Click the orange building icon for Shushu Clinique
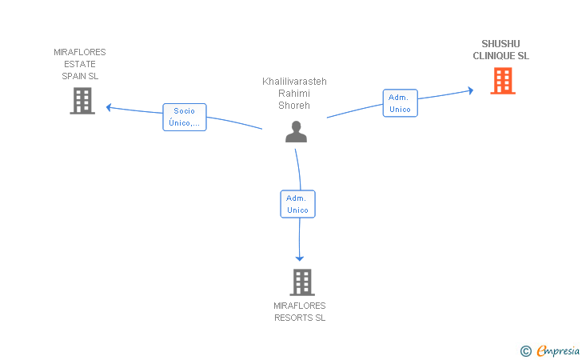503,81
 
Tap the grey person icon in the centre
296,131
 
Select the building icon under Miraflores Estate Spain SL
82,101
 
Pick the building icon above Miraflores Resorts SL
302,282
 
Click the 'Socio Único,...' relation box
185,117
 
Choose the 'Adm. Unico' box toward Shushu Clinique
400,103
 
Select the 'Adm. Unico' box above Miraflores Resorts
297,204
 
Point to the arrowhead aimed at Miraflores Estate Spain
109,107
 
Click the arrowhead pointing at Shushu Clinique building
471,90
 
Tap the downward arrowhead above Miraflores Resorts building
300,258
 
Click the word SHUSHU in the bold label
500,44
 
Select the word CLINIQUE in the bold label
494,56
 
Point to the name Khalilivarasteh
294,82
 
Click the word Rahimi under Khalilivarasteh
294,94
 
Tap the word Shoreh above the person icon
294,106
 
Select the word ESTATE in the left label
80,64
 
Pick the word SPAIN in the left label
74,76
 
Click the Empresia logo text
558,350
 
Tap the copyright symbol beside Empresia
526,351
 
